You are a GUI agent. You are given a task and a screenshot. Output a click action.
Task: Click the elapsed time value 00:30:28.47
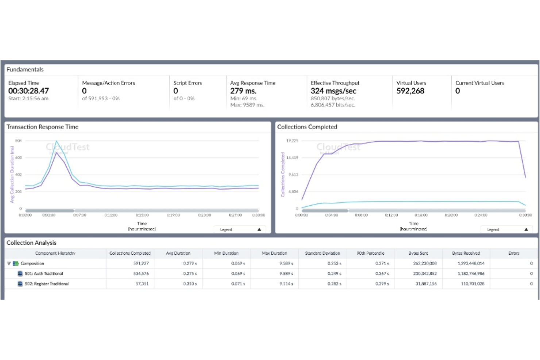28,91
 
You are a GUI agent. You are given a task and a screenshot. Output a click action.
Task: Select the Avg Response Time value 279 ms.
243,91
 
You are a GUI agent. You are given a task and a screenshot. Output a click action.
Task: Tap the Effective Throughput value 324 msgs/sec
333,91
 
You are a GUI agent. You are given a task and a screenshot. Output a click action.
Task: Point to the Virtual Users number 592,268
410,91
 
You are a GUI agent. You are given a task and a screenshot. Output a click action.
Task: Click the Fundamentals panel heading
25,70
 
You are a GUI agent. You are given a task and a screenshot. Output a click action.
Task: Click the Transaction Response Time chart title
42,127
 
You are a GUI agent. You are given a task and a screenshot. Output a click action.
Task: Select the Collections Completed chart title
307,127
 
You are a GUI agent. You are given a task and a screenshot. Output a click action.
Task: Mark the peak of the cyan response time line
57,141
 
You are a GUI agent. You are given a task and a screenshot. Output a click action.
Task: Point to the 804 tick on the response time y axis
18,141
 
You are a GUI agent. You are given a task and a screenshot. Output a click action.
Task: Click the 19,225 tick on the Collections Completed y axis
292,141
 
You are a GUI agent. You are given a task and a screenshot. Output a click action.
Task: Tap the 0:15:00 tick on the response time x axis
142,215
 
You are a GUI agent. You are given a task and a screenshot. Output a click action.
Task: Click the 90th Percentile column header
370,253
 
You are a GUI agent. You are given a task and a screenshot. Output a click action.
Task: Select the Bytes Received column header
466,253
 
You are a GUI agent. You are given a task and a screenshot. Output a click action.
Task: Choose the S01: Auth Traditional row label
44,274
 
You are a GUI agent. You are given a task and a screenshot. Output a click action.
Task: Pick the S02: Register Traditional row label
47,284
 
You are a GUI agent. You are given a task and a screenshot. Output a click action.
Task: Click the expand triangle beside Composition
9,263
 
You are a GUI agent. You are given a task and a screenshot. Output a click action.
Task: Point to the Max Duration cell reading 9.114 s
286,284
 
